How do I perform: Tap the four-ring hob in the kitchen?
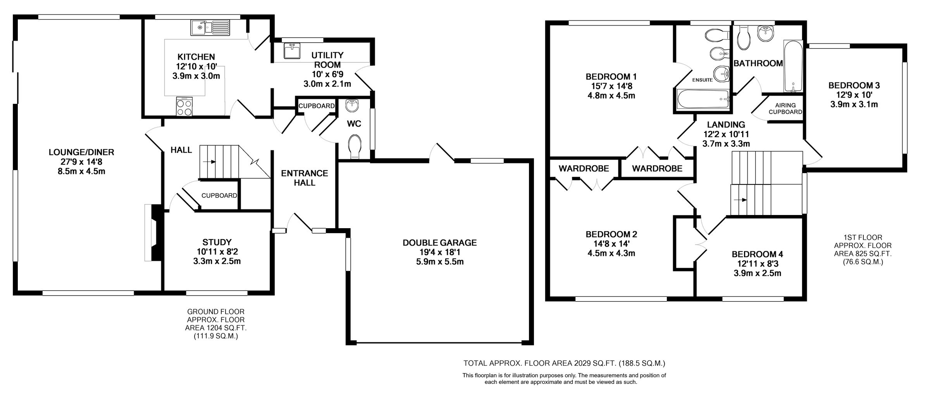click(x=184, y=107)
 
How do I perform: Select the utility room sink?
click(x=292, y=51)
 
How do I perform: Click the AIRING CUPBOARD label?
click(x=785, y=108)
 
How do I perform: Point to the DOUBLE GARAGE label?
click(x=439, y=243)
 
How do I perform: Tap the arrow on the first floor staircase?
click(x=742, y=200)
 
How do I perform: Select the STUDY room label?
click(x=217, y=242)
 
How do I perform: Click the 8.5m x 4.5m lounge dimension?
click(x=81, y=171)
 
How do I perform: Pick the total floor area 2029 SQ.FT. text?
click(x=564, y=363)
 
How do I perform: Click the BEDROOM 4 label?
click(x=757, y=255)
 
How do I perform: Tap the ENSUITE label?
click(x=703, y=80)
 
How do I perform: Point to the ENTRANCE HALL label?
click(x=304, y=178)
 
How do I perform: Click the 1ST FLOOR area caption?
click(x=863, y=249)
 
